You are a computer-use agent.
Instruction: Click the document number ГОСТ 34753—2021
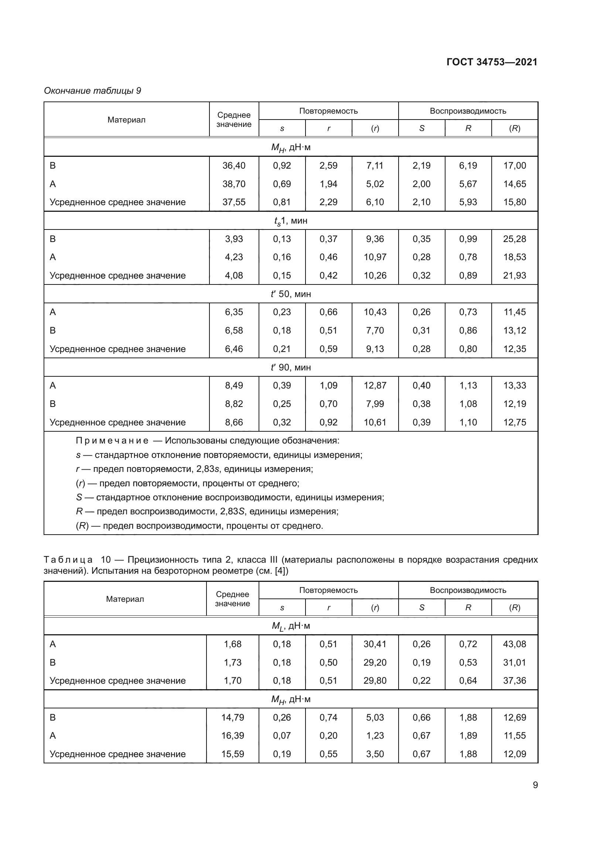tap(492, 62)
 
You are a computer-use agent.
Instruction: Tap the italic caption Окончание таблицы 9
tap(93, 91)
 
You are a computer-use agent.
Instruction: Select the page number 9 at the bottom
tap(535, 785)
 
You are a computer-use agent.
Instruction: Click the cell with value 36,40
tap(233, 165)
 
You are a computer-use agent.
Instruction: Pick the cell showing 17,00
tap(514, 165)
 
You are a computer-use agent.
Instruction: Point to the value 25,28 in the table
tap(514, 239)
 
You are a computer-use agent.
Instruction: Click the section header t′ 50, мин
tap(290, 294)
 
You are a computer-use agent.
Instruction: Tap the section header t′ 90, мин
tap(290, 367)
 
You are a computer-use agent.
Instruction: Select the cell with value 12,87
tap(375, 385)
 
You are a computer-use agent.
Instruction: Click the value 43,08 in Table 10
tap(514, 644)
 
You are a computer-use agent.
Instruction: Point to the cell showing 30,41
tap(375, 644)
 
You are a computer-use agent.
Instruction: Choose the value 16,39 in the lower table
tap(232, 735)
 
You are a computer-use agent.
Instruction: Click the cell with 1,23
tap(375, 735)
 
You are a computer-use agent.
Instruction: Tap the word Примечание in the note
tap(112, 441)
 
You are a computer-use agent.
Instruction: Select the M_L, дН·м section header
tap(290, 626)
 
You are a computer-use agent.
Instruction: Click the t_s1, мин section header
tap(290, 221)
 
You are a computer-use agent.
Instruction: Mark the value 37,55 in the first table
tap(233, 202)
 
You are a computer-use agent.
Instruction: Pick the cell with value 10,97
tap(375, 257)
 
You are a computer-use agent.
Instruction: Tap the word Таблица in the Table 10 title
tap(68, 560)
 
